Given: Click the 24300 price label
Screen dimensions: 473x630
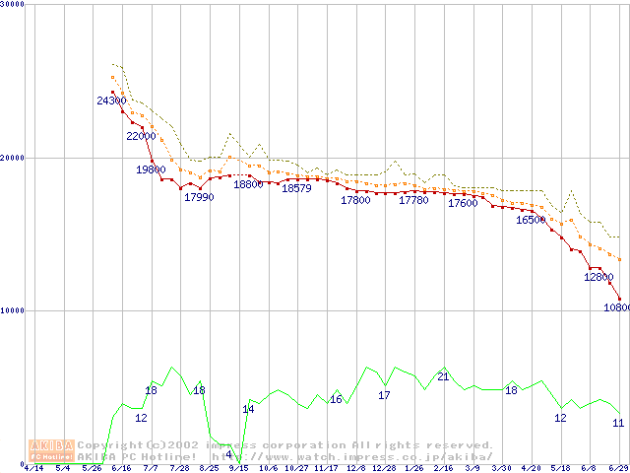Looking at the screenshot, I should (111, 101).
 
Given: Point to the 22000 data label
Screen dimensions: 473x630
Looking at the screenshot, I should (141, 137).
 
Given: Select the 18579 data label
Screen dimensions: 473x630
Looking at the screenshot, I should (296, 189).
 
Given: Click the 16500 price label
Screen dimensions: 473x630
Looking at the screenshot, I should (531, 221).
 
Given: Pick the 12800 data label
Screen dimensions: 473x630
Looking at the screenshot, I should (598, 278).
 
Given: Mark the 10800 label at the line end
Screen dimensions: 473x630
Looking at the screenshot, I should (617, 307).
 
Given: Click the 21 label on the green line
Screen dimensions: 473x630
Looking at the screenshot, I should (443, 377).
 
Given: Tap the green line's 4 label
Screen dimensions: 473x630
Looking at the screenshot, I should (228, 454).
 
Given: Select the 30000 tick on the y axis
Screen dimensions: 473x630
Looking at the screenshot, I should (13, 6).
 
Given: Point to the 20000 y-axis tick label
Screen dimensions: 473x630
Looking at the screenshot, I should (13, 158).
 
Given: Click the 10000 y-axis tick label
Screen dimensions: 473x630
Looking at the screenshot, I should (13, 310).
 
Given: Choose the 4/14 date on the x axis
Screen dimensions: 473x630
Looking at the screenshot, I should (33, 468).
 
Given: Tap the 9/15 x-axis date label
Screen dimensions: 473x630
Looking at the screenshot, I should (238, 468).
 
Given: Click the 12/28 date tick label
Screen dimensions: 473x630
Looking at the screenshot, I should (384, 468).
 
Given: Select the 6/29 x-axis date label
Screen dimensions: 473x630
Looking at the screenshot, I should (619, 468).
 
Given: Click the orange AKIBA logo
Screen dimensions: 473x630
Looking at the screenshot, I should (51, 450).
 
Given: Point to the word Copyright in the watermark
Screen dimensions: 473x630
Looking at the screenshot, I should (101, 445).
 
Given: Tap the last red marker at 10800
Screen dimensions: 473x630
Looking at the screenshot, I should (619, 299).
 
